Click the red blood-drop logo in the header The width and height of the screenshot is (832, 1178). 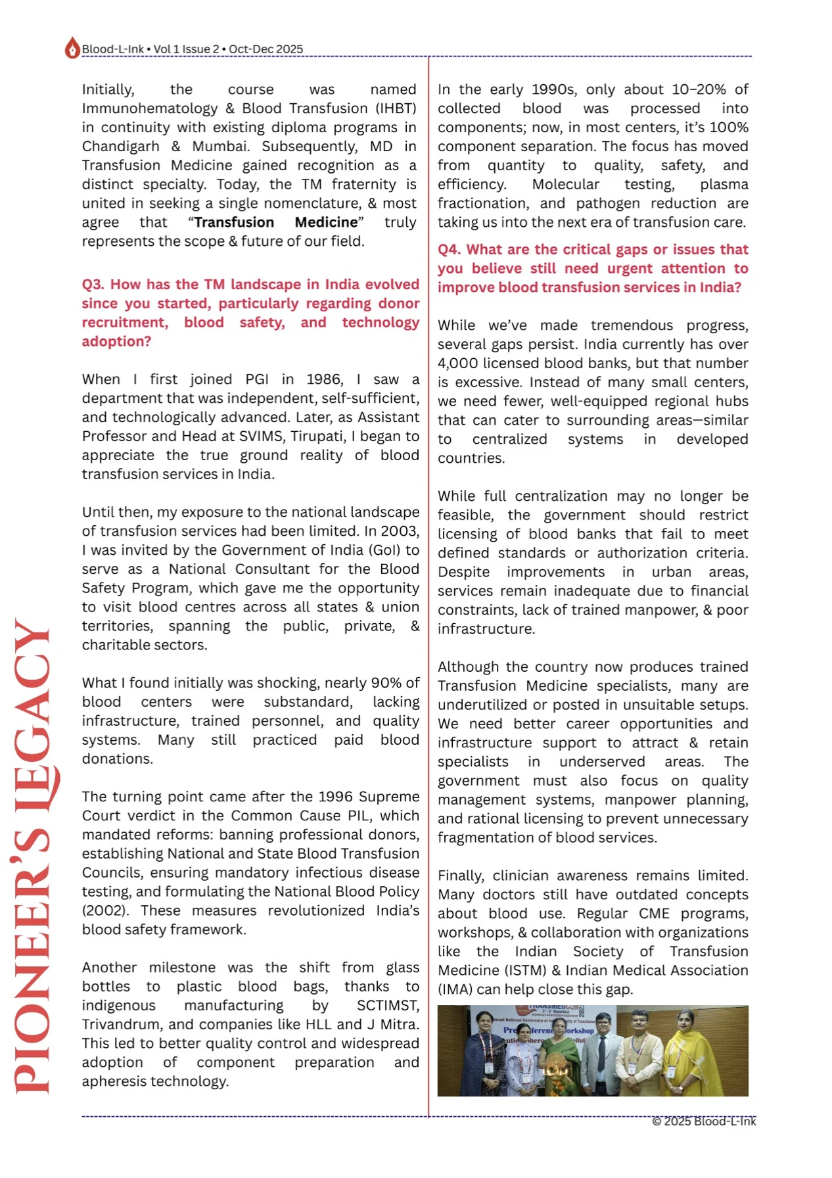click(72, 48)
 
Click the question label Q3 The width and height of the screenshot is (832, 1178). click(93, 285)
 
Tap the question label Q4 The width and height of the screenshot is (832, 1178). click(450, 250)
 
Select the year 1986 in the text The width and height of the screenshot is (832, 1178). click(325, 379)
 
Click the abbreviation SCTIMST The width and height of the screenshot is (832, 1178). click(388, 1006)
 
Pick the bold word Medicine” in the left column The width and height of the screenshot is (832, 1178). click(329, 223)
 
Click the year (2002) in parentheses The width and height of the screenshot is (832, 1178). click(101, 911)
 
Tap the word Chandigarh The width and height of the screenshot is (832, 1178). click(120, 147)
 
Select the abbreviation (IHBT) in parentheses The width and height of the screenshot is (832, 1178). click(396, 108)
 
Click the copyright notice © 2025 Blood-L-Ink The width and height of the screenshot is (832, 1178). click(703, 1121)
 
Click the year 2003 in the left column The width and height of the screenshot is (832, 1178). click(400, 531)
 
